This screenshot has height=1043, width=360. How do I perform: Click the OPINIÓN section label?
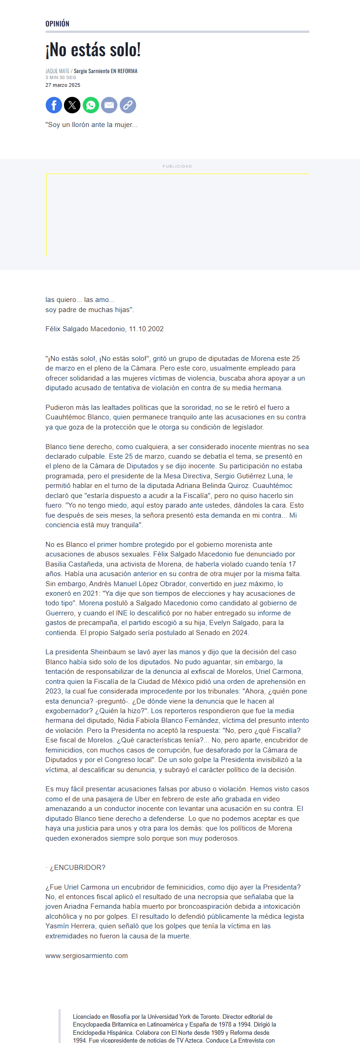(57, 24)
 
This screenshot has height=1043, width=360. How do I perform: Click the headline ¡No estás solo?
(93, 50)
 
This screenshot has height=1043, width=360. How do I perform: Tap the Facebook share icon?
(54, 106)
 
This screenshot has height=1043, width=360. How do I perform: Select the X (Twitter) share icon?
(72, 106)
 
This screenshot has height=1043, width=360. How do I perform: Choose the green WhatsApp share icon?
(91, 106)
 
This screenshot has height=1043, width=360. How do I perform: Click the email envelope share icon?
(109, 106)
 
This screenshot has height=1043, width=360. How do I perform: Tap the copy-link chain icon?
(128, 106)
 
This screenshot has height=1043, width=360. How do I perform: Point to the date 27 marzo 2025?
(63, 85)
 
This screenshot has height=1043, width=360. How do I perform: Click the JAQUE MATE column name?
(57, 71)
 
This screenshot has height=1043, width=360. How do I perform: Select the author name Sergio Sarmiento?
(92, 71)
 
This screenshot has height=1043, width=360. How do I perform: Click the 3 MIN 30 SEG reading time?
(60, 78)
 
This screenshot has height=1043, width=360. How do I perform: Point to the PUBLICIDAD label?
(177, 166)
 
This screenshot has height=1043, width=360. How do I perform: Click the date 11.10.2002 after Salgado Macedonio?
(146, 329)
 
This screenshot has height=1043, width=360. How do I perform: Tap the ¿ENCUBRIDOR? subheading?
(77, 868)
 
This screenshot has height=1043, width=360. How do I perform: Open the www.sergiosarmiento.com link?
(86, 956)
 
